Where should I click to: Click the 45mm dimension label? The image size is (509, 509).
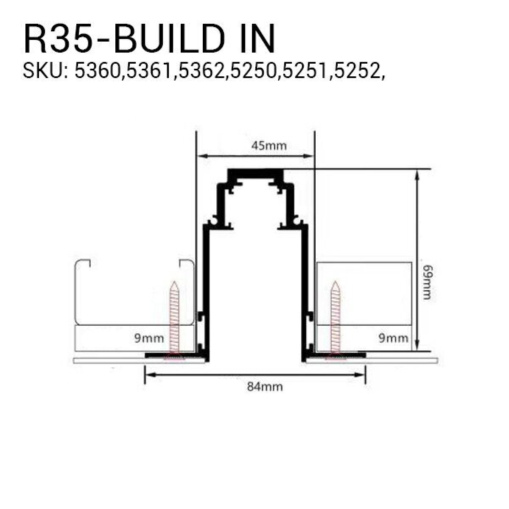[x=268, y=146]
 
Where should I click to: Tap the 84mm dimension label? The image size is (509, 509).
[x=265, y=387]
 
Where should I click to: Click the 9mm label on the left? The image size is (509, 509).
[x=149, y=338]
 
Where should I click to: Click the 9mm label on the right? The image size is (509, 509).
[x=393, y=338]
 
